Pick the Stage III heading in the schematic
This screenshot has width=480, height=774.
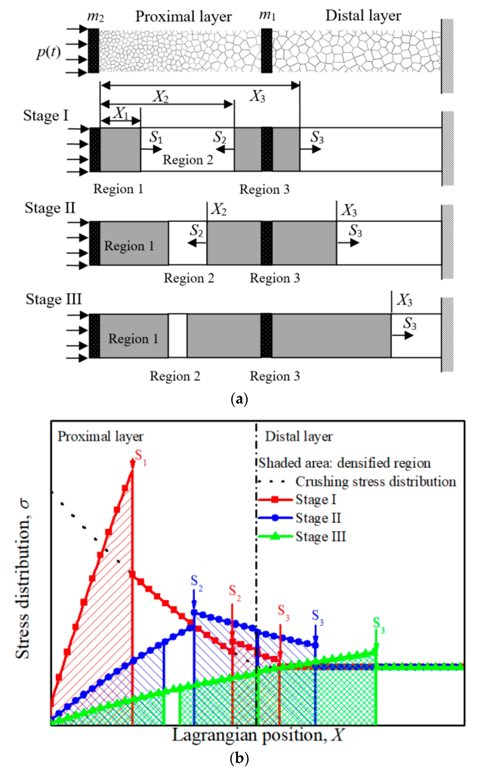point(53,299)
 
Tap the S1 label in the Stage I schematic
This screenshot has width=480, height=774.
point(156,137)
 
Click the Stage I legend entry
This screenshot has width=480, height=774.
point(316,500)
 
